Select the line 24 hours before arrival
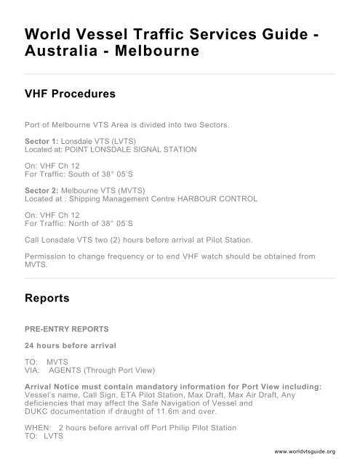[66, 344]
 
